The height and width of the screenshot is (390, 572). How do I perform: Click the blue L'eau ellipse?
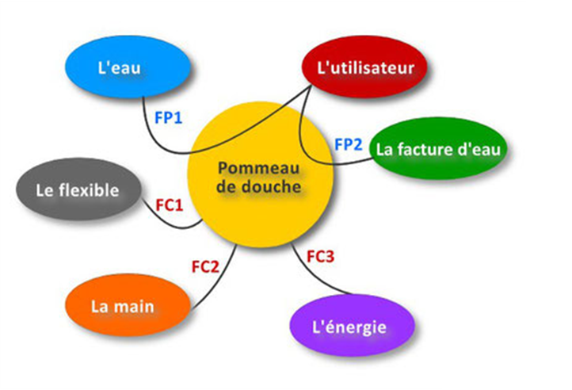pos(128,67)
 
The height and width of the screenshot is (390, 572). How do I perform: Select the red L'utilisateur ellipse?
pos(364,67)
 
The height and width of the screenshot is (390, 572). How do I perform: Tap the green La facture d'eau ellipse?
pos(438,148)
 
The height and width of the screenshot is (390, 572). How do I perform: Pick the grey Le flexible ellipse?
pos(78,189)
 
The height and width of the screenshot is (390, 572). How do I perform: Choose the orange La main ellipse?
pos(128,305)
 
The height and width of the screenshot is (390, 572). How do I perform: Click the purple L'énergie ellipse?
pos(353,325)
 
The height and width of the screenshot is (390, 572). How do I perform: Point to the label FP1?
pos(169,118)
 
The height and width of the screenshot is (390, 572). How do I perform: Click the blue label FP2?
pos(349,144)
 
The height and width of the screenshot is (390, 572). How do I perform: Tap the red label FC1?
pos(170,205)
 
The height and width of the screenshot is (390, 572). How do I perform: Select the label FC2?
pos(205,267)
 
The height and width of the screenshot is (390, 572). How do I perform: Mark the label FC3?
pos(320,256)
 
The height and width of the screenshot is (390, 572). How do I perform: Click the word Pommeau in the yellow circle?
pos(258,168)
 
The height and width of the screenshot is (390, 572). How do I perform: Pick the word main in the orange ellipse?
pos(134,307)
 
